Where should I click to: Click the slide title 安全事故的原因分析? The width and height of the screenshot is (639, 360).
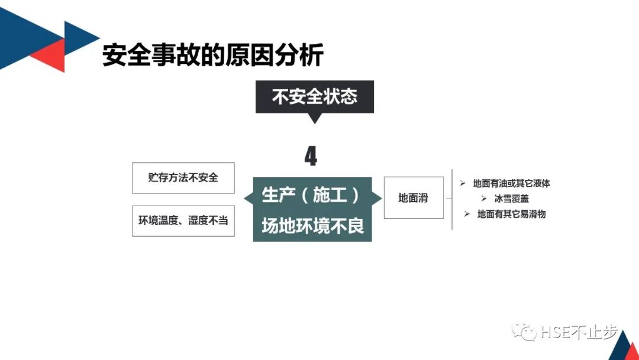(x=213, y=56)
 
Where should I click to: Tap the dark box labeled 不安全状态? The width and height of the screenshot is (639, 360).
(x=314, y=97)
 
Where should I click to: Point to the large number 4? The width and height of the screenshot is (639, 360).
(x=311, y=156)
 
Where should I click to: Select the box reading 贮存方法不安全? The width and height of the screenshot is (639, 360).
(x=183, y=178)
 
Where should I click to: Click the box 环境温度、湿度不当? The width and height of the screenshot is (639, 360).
(x=183, y=220)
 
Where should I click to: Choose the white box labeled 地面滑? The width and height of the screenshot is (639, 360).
(x=413, y=198)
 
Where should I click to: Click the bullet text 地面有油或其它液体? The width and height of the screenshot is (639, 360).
(x=511, y=184)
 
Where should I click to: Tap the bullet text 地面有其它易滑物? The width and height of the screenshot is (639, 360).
(x=511, y=214)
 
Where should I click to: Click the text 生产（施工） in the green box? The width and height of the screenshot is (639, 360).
(x=312, y=195)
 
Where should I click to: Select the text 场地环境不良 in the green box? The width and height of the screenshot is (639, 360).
(x=312, y=226)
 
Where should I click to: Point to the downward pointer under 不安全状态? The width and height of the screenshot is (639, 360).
(x=315, y=118)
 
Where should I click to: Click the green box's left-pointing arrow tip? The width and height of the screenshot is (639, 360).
(x=246, y=198)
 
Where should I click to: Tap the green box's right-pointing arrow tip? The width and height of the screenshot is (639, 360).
(x=379, y=198)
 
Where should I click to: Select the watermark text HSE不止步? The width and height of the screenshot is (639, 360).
(x=571, y=333)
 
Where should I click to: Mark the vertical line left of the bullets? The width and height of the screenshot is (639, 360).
(x=452, y=199)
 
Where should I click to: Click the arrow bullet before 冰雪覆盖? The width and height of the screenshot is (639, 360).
(x=483, y=199)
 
